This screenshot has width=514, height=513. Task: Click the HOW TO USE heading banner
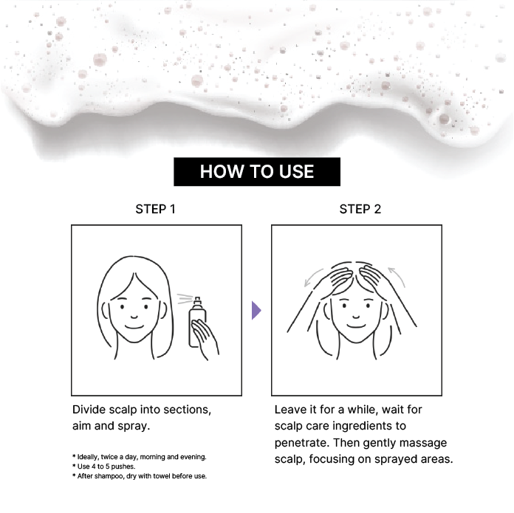tap(257, 172)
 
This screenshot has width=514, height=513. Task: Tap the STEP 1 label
tap(155, 210)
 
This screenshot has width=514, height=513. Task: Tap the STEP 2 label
tap(360, 210)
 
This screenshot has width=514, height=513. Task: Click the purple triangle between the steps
tap(256, 310)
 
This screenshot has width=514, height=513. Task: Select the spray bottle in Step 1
tap(197, 322)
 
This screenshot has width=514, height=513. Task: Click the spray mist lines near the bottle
tap(185, 299)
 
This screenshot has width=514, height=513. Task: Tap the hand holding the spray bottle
tap(205, 339)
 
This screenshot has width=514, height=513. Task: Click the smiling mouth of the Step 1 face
tap(134, 326)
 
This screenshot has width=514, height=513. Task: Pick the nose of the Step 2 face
tap(356, 317)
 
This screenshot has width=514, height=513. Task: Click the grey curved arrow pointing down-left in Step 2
tap(312, 278)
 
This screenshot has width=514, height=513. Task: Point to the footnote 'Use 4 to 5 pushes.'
tap(104, 466)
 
